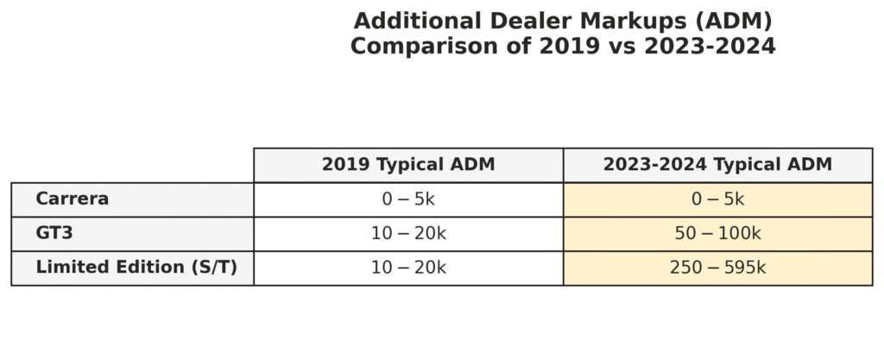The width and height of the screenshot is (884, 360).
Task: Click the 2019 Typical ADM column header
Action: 408,165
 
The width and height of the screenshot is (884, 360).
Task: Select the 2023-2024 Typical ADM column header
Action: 717,165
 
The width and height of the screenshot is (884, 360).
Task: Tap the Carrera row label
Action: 73,199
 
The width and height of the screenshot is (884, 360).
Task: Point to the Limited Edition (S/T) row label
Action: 136,268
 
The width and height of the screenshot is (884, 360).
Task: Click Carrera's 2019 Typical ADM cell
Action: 408,199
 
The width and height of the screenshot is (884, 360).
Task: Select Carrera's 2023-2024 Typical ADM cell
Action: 717,199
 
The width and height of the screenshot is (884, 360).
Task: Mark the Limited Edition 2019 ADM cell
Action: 408,268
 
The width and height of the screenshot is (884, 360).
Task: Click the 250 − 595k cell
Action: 717,268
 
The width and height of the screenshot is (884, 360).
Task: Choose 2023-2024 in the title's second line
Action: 700,47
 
